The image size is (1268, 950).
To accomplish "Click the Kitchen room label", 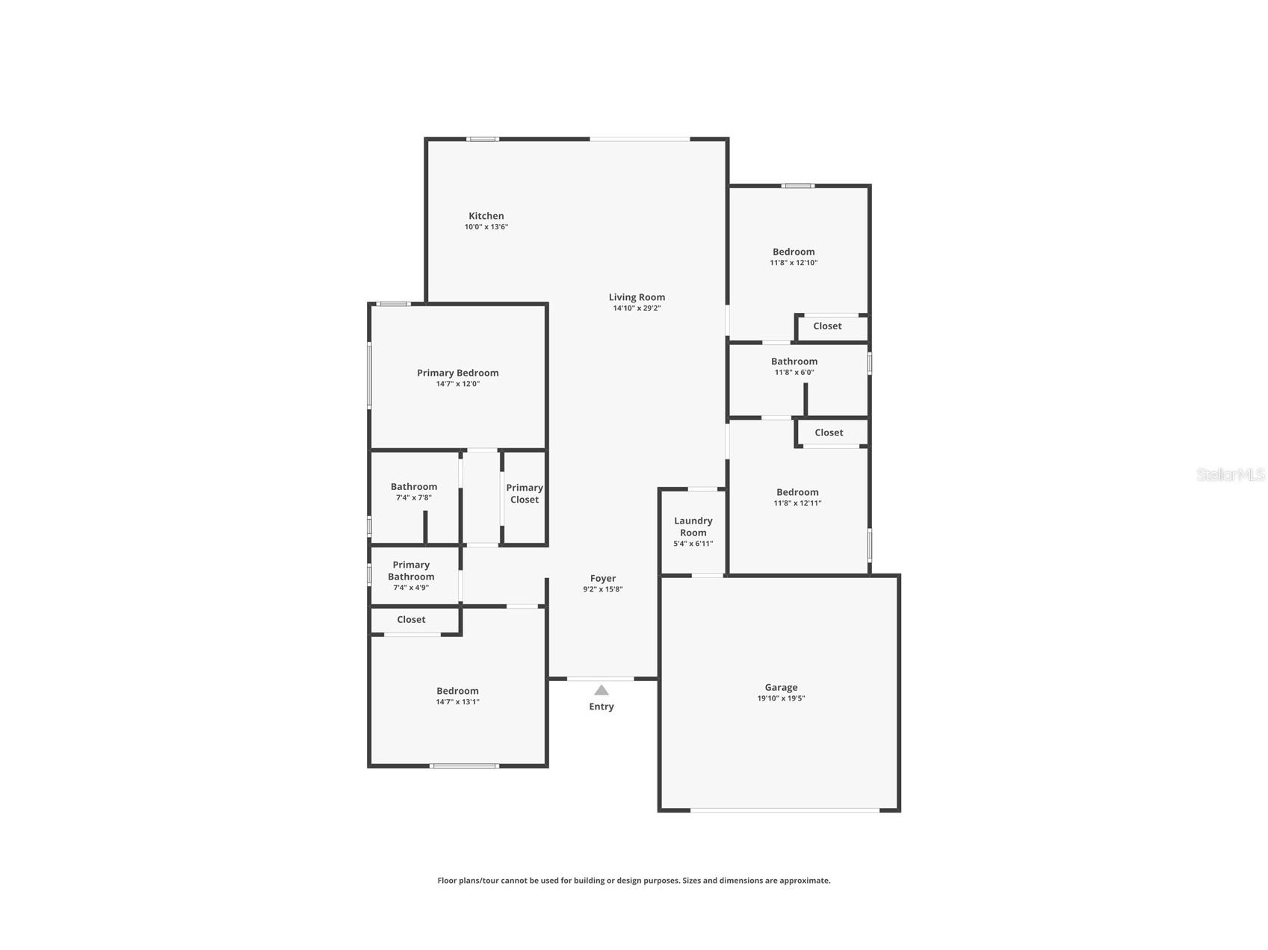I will (486, 216).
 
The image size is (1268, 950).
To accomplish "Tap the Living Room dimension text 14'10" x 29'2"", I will (637, 308).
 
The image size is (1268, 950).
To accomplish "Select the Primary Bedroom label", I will (457, 373).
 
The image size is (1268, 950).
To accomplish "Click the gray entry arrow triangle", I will (601, 690).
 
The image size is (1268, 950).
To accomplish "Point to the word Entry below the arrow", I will (601, 707).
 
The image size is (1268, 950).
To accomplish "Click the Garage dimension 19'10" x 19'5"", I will (781, 698).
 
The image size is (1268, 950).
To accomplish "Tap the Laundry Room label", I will (693, 527).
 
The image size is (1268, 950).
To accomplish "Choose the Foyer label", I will (603, 578).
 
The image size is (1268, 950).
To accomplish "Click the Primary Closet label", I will (524, 494).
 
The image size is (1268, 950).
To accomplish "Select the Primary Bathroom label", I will (411, 571).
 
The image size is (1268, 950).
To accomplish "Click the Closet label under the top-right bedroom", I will (827, 326).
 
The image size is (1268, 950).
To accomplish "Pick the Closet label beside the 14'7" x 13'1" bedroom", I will (411, 620).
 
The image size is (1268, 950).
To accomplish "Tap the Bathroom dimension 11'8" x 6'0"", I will (794, 372).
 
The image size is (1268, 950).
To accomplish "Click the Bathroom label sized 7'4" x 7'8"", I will (413, 487).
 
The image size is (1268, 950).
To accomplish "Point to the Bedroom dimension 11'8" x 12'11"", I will (797, 503).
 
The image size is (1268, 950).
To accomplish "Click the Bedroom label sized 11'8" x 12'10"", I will (794, 252).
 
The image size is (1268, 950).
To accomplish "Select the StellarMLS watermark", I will (1230, 475).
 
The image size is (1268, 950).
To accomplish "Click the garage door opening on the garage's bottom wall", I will (785, 810).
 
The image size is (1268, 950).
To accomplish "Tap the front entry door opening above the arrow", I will (600, 678).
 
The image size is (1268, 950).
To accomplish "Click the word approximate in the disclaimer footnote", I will (804, 881).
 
